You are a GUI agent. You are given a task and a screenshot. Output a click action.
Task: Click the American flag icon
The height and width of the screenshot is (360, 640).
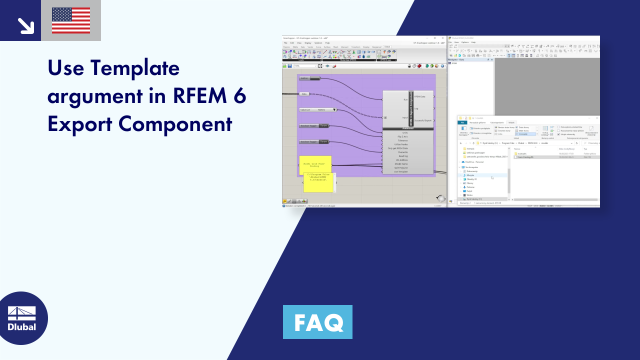click(x=71, y=20)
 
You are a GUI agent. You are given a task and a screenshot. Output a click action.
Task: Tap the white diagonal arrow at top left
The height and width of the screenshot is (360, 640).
click(x=25, y=25)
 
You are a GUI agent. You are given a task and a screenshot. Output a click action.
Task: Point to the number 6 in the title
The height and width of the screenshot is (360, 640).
click(x=239, y=95)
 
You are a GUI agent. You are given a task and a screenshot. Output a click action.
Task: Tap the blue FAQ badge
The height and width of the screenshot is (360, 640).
click(x=317, y=322)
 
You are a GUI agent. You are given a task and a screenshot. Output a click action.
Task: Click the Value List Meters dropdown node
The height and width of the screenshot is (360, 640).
click(x=318, y=109)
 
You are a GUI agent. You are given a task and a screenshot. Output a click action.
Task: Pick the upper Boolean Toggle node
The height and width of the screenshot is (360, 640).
click(x=314, y=125)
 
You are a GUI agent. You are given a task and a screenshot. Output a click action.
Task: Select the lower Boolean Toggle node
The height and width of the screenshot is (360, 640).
click(x=314, y=141)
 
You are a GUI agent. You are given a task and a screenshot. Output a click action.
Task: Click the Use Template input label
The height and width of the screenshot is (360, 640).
click(x=400, y=171)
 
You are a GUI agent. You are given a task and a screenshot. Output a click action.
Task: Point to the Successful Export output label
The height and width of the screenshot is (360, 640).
click(x=423, y=120)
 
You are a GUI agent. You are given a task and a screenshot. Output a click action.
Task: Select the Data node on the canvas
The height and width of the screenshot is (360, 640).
click(x=304, y=93)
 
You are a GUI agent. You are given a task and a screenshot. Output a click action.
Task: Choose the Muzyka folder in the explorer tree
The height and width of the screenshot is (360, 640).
click(x=470, y=175)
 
